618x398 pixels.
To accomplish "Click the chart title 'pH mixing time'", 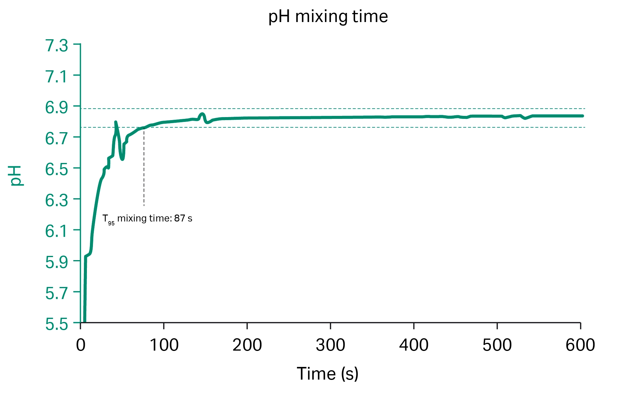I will click(x=328, y=17).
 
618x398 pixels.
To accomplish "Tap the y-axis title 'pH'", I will click(x=16, y=175).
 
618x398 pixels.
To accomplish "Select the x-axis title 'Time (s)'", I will click(x=328, y=374).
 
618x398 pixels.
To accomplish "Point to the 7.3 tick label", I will click(x=57, y=46).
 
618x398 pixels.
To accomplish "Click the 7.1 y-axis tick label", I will click(x=57, y=77).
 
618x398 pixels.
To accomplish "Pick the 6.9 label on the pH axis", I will click(x=57, y=108).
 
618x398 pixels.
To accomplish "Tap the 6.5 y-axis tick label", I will click(x=57, y=170).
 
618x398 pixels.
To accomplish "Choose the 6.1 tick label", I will click(x=57, y=231).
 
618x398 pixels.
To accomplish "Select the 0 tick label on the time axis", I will click(x=81, y=345).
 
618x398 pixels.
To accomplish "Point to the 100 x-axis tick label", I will click(x=164, y=345).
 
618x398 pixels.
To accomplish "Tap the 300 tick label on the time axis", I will click(x=330, y=345).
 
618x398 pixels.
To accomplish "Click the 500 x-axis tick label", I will click(x=497, y=345).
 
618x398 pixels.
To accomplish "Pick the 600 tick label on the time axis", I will click(x=580, y=345).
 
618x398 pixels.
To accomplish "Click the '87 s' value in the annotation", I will click(x=183, y=218).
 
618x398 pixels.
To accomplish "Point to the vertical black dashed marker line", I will click(x=144, y=169).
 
